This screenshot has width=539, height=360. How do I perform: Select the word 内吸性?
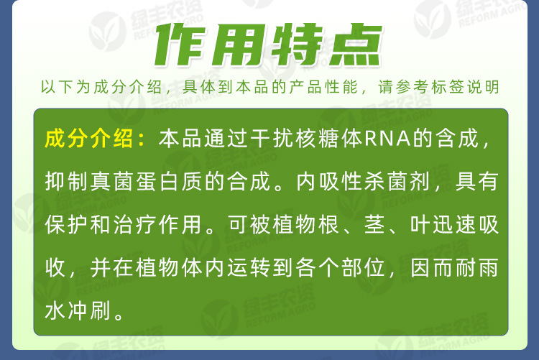321,182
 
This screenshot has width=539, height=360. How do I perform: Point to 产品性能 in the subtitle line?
324,87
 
